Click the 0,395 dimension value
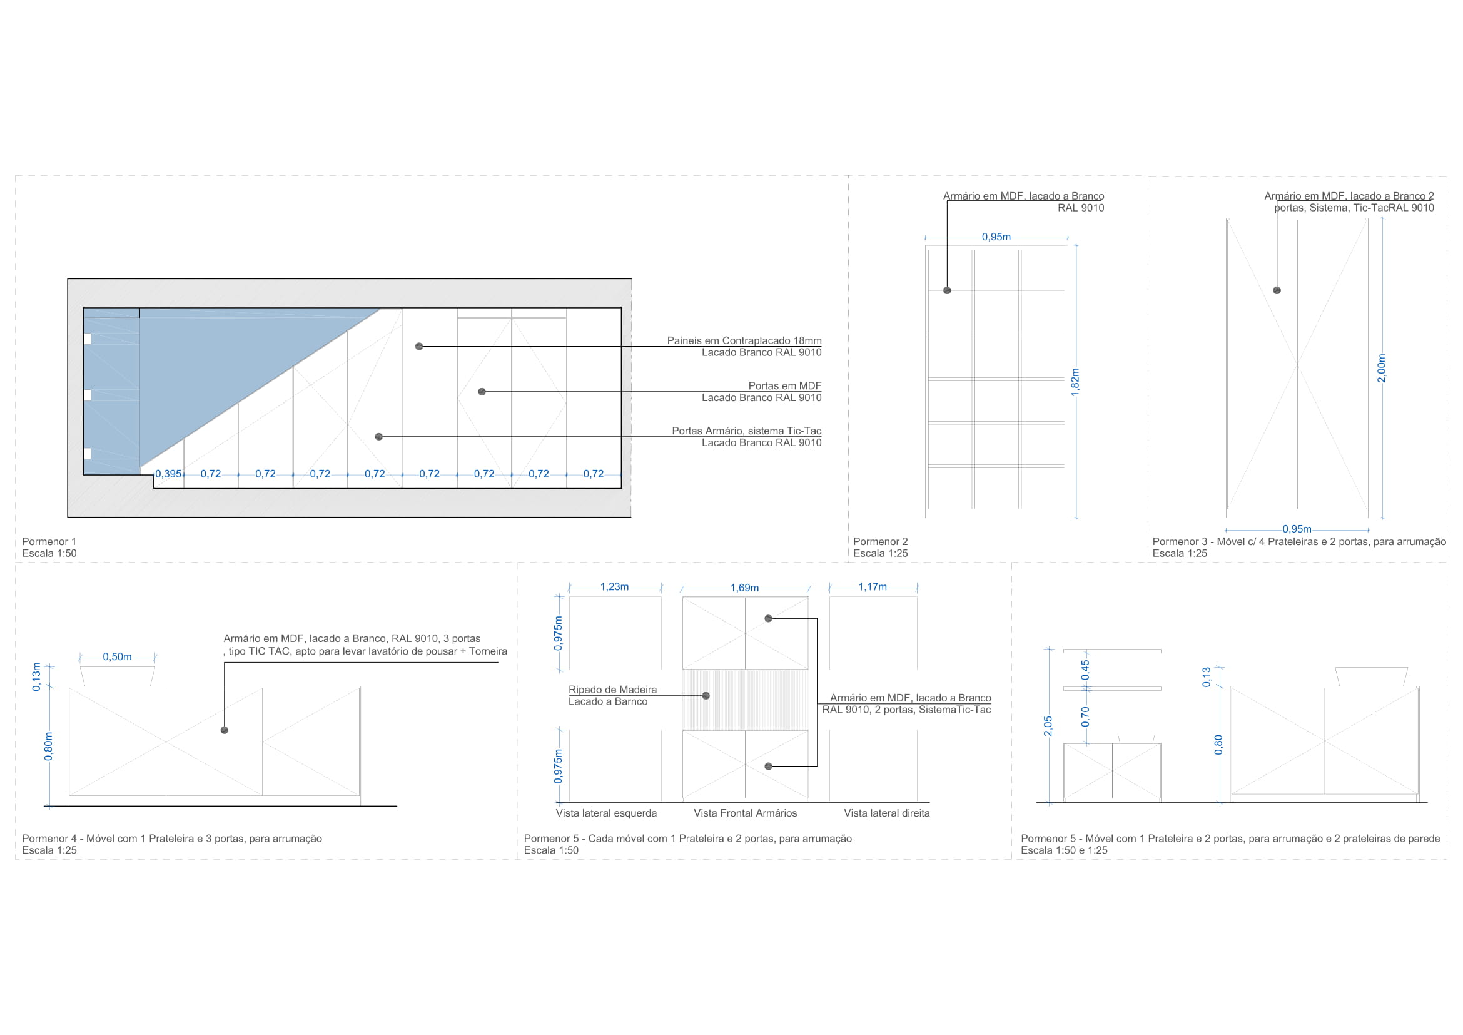(x=168, y=474)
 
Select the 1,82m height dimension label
(x=1076, y=382)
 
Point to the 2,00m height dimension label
(x=1382, y=369)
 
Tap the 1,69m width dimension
(x=745, y=588)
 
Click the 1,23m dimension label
(x=614, y=587)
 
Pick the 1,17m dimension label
(x=873, y=587)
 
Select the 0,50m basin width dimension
(x=117, y=657)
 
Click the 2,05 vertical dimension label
(x=1048, y=726)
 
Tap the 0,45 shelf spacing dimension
(x=1086, y=670)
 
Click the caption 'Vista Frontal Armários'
(x=745, y=813)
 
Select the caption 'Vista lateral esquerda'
(x=606, y=813)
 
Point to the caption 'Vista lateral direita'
(x=887, y=813)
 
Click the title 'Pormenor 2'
(x=881, y=542)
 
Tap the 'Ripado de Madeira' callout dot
(x=706, y=696)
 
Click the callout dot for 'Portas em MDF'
(x=482, y=392)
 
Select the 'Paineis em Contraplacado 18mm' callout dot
(x=418, y=347)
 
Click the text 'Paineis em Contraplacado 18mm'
(x=744, y=341)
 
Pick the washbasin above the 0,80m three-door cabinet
(x=118, y=677)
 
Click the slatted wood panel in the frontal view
(x=746, y=700)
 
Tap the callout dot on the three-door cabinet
(x=225, y=730)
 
